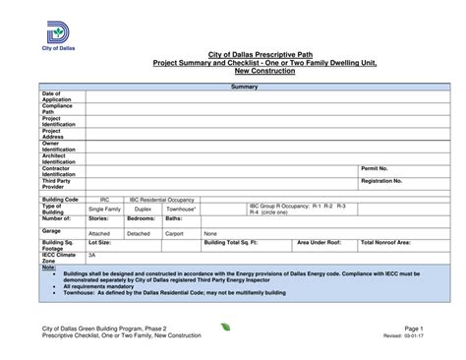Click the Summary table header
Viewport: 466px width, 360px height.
[244, 88]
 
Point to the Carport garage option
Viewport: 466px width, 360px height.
[176, 233]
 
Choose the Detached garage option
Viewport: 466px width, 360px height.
[139, 233]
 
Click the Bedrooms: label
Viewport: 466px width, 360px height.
[142, 219]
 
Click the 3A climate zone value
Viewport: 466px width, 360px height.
[92, 254]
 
